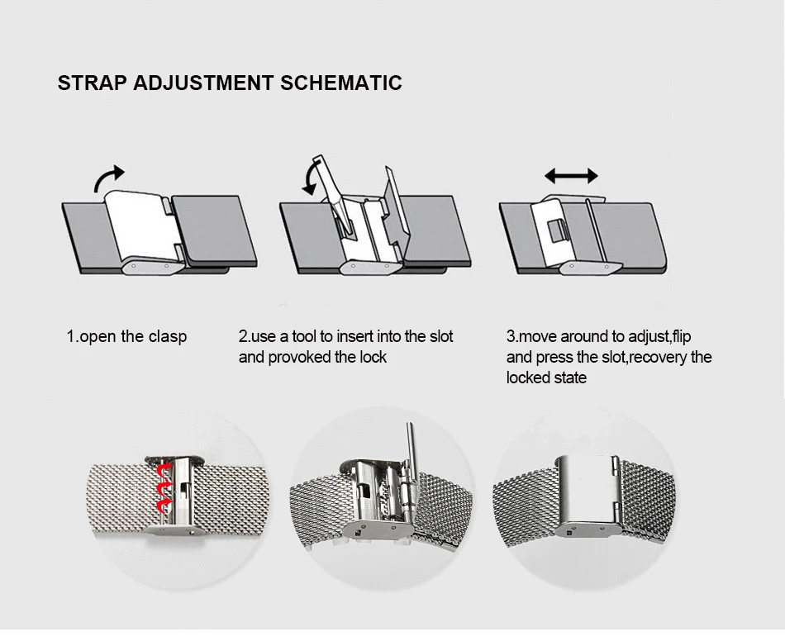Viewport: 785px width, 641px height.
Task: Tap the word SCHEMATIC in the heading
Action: tap(341, 83)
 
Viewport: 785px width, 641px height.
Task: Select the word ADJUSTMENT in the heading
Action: tap(203, 83)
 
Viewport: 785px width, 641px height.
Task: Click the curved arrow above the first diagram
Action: tap(108, 178)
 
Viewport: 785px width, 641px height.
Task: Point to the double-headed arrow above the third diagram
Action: tap(571, 176)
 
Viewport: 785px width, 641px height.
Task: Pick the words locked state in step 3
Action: tap(546, 377)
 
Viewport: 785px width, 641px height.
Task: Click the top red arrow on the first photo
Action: tap(165, 471)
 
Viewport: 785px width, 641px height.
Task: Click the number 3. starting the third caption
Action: tap(512, 336)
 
